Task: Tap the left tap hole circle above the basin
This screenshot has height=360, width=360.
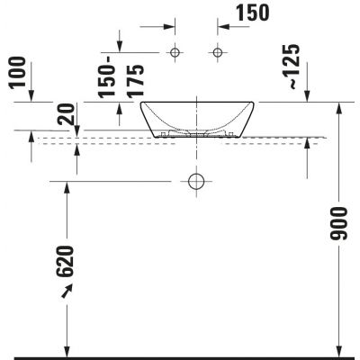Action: click(175, 53)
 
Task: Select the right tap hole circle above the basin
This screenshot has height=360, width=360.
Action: click(217, 53)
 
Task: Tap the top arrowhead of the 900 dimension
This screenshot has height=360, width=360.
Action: click(339, 109)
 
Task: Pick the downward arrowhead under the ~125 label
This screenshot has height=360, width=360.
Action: click(309, 96)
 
